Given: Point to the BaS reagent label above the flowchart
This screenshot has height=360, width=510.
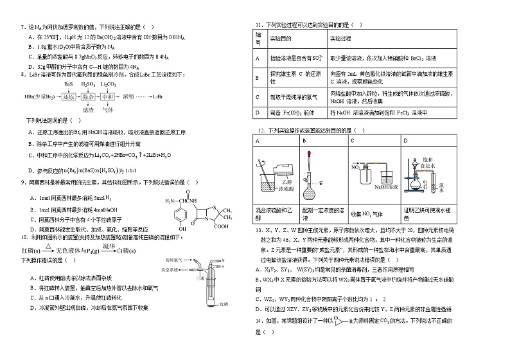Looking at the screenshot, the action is (69, 84).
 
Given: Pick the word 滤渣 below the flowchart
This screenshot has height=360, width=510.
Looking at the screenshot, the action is (89, 109).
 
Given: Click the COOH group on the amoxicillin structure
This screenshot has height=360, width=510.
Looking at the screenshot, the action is (222, 226).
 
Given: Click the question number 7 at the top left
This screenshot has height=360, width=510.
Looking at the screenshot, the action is (22, 27).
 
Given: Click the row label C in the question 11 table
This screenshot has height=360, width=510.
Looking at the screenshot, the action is (257, 96).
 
